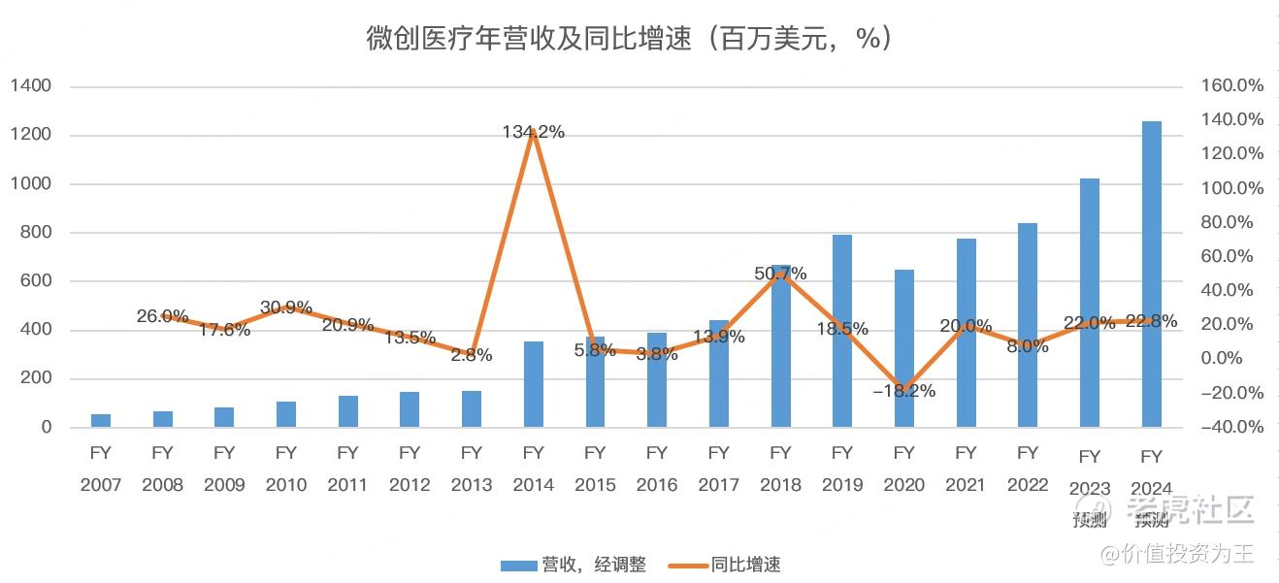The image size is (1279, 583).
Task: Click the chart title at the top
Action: [629, 39]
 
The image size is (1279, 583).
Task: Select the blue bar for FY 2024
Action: [1151, 275]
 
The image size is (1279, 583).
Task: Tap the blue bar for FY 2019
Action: [842, 331]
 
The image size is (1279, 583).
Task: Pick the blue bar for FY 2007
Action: [101, 420]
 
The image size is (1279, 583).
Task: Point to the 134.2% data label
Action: [533, 132]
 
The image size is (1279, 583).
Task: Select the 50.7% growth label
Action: [780, 274]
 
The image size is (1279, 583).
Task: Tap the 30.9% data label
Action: [286, 308]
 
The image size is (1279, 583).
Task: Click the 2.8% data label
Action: [472, 355]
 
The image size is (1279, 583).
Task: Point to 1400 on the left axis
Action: [31, 86]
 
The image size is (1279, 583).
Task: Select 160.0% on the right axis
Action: [1232, 86]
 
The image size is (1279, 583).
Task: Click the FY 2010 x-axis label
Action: [286, 469]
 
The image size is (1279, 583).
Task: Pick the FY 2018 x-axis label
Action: [780, 469]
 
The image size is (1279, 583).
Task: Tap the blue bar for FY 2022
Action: [1028, 325]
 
